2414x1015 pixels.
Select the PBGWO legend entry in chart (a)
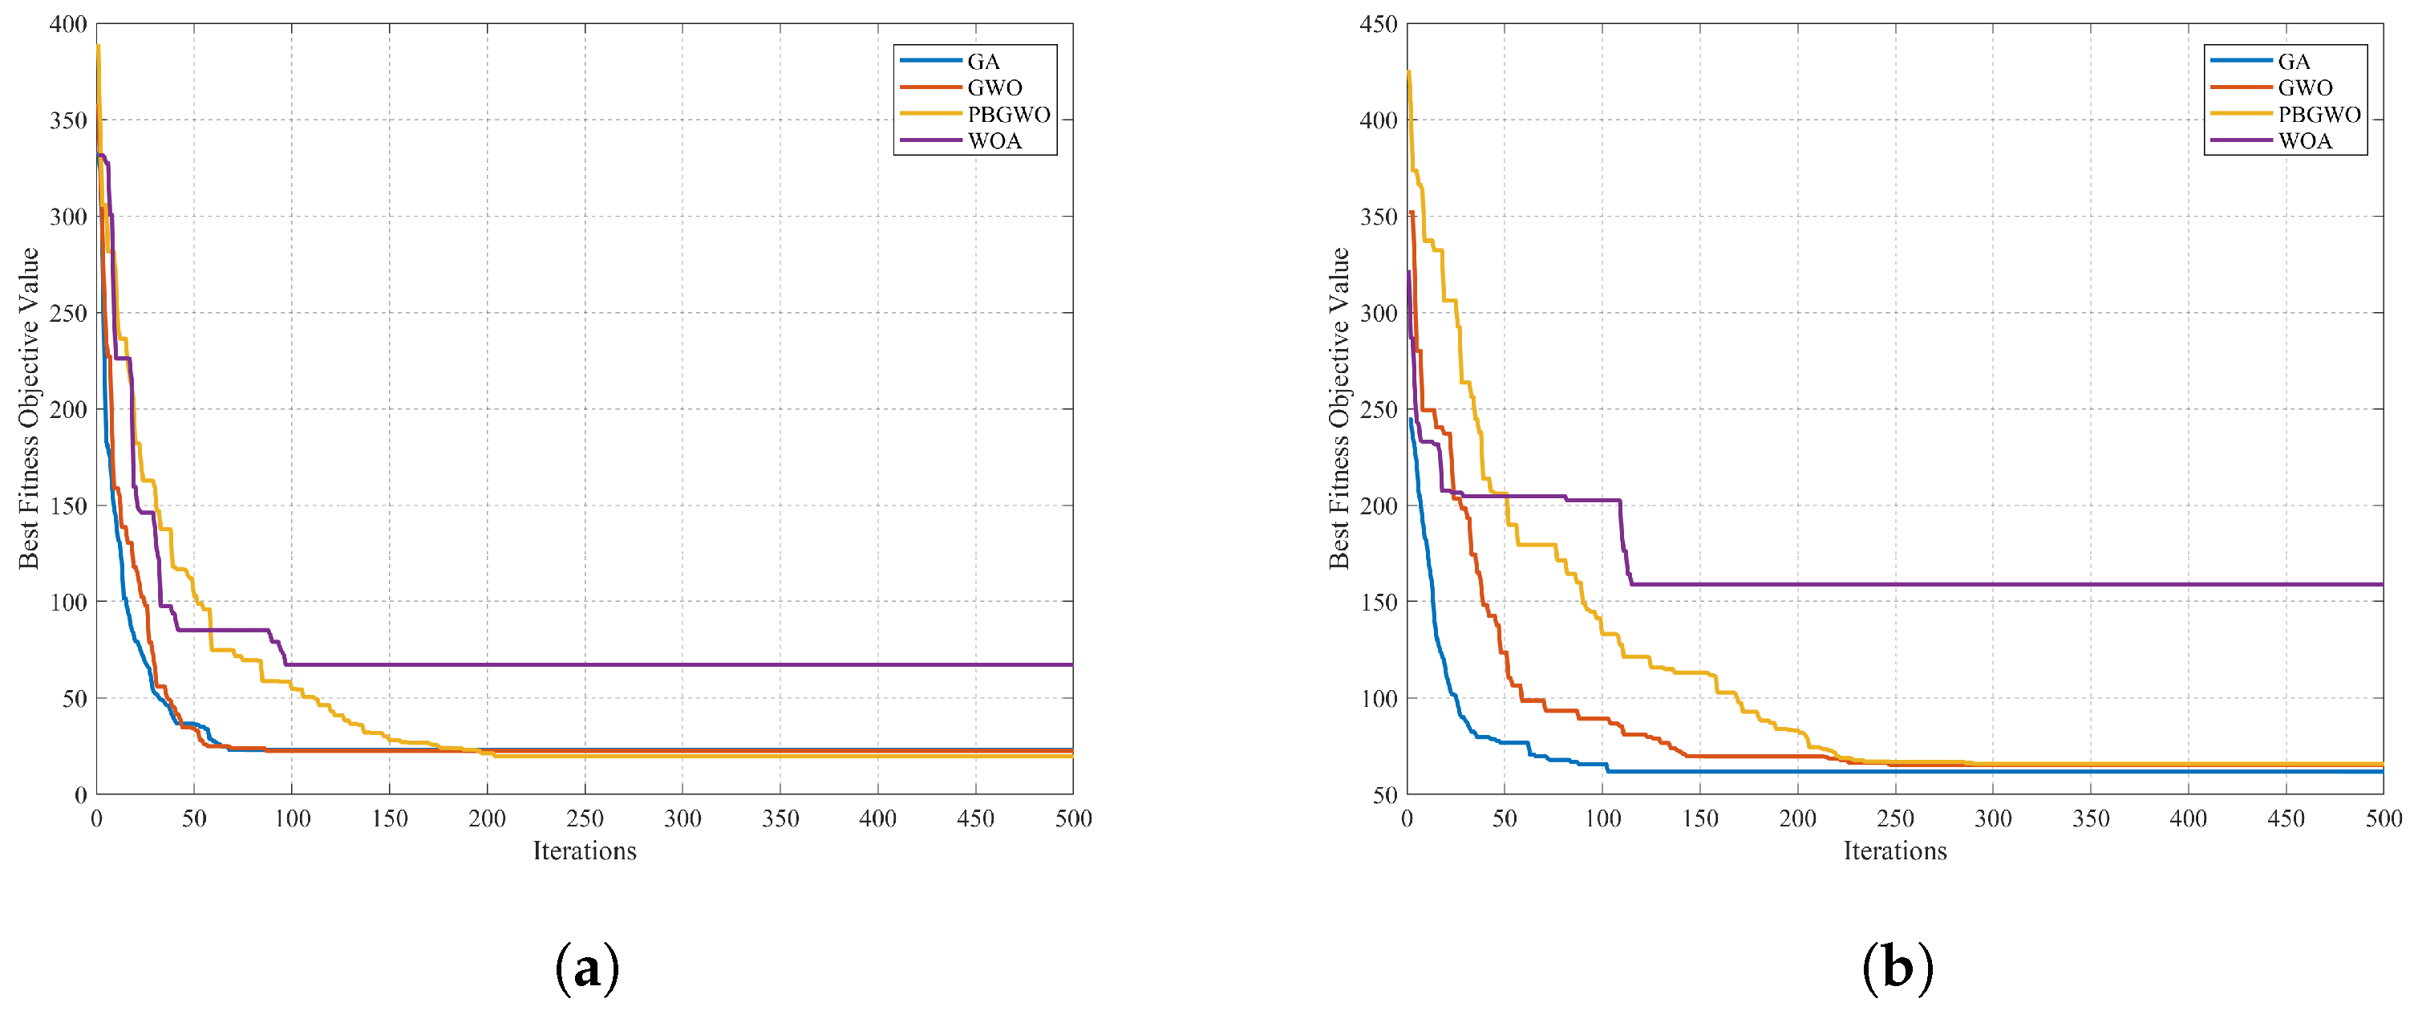point(974,115)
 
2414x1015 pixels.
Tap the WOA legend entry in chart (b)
point(2271,140)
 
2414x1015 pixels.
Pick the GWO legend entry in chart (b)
point(2271,88)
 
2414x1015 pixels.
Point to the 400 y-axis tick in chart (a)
point(68,24)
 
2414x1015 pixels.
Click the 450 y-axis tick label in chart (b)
point(1379,24)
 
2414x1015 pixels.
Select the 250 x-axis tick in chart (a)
point(585,818)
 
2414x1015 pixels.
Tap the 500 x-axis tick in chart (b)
point(2383,818)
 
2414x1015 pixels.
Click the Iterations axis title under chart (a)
point(585,851)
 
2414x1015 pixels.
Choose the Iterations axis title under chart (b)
point(1895,851)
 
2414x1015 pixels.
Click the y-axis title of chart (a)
point(29,408)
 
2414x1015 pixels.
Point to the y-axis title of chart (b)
point(1339,408)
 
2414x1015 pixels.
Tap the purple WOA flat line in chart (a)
point(678,664)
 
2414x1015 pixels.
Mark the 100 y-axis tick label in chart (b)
point(1379,698)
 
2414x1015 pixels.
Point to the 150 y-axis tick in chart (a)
point(68,506)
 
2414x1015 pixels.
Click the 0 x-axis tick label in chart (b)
point(1407,818)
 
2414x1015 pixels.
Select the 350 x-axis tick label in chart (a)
point(780,818)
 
